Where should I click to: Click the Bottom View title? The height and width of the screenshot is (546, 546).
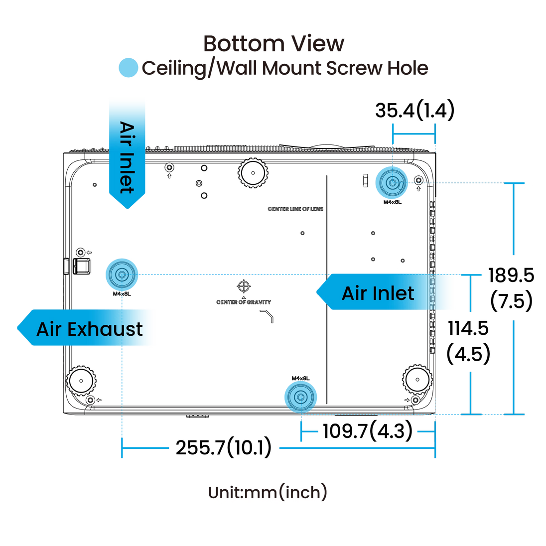point(273,44)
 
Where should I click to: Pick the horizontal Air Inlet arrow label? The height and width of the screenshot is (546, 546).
point(378,293)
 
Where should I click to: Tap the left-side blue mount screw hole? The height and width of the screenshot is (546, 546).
point(121,273)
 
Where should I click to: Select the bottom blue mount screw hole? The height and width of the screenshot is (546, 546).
point(300,397)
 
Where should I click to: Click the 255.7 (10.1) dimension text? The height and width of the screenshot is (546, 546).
point(223,447)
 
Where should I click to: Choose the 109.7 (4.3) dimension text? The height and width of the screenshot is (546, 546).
point(368,431)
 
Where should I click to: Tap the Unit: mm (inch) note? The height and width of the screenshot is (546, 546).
point(268,492)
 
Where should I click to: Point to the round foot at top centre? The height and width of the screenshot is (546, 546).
point(254,172)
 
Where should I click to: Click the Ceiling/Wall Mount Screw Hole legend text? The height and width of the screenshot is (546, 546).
point(285,68)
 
